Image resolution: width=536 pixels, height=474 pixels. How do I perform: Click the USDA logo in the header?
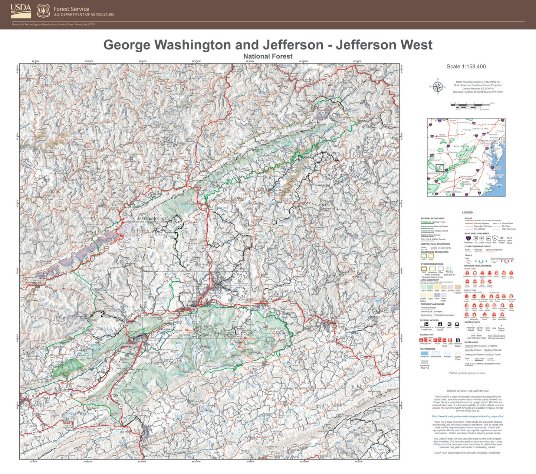[21, 11]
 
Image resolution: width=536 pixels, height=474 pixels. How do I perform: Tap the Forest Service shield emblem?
[43, 11]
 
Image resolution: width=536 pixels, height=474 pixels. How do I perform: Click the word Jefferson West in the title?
[384, 45]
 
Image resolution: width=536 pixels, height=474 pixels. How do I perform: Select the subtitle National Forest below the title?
[268, 56]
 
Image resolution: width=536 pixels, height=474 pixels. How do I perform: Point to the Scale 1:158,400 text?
[466, 66]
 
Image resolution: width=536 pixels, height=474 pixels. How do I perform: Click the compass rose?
[437, 87]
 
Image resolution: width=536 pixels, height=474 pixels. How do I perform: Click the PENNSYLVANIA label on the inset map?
[480, 128]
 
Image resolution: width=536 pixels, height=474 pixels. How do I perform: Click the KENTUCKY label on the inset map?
[435, 160]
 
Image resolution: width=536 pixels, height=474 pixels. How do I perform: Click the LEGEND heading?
[467, 212]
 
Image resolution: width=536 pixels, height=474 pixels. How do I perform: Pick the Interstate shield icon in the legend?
[468, 238]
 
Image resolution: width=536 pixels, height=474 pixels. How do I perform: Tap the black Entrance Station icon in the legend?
[458, 340]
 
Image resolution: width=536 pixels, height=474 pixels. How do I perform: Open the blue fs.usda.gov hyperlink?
[467, 416]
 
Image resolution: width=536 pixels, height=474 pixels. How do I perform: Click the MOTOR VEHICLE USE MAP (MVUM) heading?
[467, 391]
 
